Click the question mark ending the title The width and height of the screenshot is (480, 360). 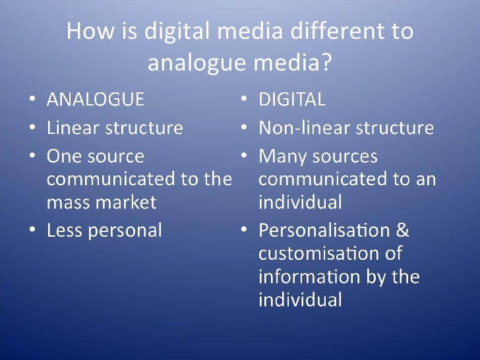click(326, 63)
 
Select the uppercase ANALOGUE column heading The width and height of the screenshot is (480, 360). click(95, 100)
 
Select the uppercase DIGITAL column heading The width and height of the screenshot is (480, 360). click(292, 100)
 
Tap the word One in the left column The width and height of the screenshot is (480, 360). click(63, 157)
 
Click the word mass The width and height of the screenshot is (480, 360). click(67, 202)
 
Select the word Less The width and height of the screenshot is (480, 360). click(63, 230)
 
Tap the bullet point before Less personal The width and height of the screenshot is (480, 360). click(33, 231)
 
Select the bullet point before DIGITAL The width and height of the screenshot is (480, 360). click(244, 100)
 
